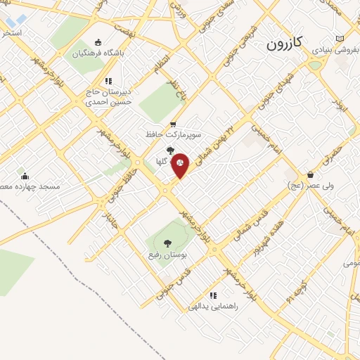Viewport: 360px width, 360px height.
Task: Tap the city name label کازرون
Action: pos(284,44)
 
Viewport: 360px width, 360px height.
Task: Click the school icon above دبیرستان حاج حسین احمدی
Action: pos(108,81)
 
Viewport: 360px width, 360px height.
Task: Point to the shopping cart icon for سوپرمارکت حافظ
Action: pos(172,124)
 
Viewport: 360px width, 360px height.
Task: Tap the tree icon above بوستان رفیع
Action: pos(167,243)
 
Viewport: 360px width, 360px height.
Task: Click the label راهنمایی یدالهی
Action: pos(214,307)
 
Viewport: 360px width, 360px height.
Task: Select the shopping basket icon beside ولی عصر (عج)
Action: pos(310,174)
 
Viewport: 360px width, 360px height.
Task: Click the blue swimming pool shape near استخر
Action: pos(16,20)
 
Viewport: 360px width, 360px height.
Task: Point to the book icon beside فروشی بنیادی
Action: pos(340,38)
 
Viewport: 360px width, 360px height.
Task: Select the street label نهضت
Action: pos(124,33)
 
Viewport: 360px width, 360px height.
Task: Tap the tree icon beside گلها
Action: pos(169,150)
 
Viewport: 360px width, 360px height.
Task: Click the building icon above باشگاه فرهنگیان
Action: pos(97,41)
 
